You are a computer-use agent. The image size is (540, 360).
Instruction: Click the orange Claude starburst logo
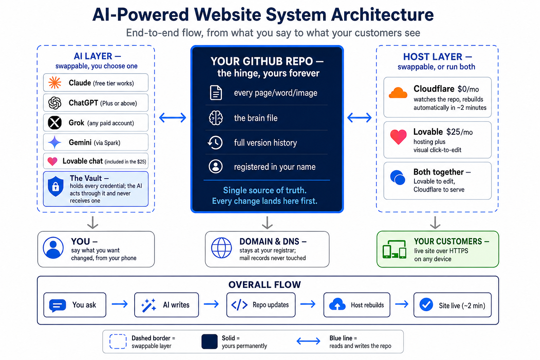[55, 83]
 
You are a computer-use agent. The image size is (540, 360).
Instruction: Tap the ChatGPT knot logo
[55, 103]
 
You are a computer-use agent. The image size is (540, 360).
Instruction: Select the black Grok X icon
[55, 123]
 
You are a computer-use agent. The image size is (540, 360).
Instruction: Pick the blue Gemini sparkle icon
[55, 142]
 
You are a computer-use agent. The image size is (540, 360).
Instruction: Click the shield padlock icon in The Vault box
[56, 186]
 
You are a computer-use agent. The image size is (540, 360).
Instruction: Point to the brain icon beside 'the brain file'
[216, 118]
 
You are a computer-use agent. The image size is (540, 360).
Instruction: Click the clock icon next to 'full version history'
[215, 142]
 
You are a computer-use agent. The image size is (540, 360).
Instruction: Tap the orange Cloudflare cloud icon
[398, 93]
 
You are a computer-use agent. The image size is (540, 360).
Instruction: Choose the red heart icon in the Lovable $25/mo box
[398, 137]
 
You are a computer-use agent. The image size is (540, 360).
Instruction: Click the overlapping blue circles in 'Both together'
[398, 178]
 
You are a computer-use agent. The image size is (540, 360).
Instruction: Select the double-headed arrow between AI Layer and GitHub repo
[173, 118]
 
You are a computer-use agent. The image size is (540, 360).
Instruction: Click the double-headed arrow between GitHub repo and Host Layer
[359, 118]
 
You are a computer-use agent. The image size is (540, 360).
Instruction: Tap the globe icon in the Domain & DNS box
[221, 248]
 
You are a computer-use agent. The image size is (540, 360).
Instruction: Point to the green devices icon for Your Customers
[394, 249]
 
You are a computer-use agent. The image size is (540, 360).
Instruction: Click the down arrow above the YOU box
[92, 223]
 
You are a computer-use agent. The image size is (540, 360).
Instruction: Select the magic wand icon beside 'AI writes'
[149, 305]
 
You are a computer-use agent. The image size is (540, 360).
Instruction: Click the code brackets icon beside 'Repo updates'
[239, 305]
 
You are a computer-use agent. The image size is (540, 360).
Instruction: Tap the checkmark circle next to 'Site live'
[426, 304]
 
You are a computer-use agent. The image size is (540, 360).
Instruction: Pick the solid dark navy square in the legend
[210, 341]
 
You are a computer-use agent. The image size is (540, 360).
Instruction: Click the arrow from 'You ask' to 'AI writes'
[120, 304]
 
